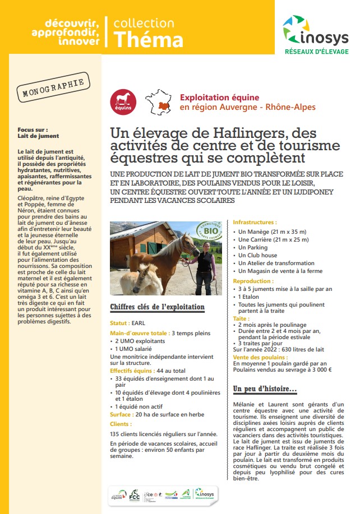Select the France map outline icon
click(158, 101)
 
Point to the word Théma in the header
click(148, 39)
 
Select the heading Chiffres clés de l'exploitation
click(157, 307)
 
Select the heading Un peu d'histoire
click(265, 389)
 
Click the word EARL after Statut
click(137, 323)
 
